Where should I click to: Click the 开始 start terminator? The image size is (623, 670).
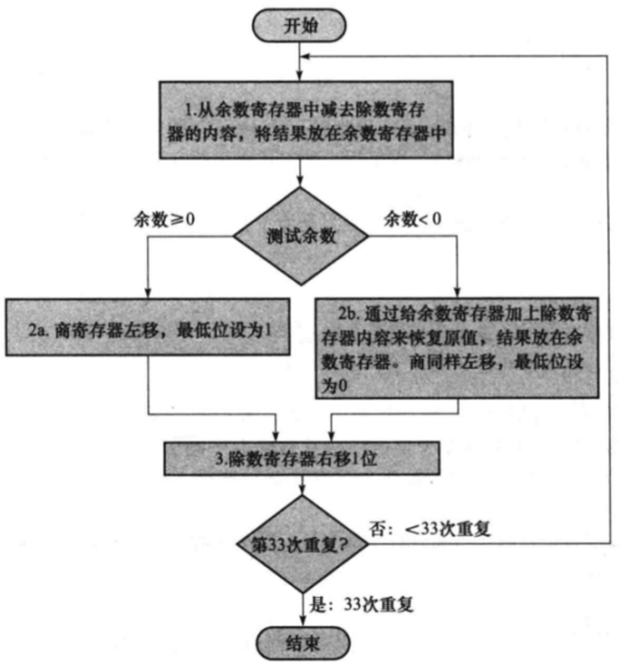(301, 25)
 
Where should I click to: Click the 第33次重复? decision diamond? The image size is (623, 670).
(301, 546)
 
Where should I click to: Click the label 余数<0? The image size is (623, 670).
(412, 218)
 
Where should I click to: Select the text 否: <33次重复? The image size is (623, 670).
(443, 528)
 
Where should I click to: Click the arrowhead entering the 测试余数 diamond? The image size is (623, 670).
(301, 185)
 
